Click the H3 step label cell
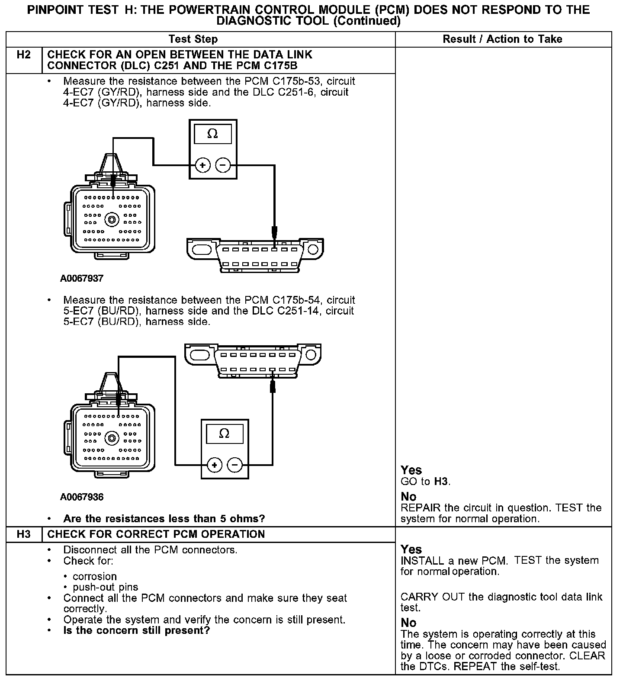(24, 534)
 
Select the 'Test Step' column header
(193, 39)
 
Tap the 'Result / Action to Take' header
(502, 39)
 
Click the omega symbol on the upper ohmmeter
(212, 134)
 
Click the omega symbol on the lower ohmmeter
(224, 433)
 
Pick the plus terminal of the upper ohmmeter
(202, 165)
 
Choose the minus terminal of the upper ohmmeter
(223, 165)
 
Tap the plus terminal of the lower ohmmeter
(215, 465)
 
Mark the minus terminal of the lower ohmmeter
(235, 465)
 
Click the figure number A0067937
(82, 279)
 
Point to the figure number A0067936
(82, 497)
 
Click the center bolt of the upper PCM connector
(112, 219)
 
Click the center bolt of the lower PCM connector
(112, 438)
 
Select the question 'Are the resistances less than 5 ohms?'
(164, 519)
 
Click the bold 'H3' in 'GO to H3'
(441, 482)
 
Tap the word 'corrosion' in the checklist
(95, 577)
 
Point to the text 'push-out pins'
(105, 588)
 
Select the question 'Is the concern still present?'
(136, 630)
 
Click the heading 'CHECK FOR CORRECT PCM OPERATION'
(156, 534)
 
